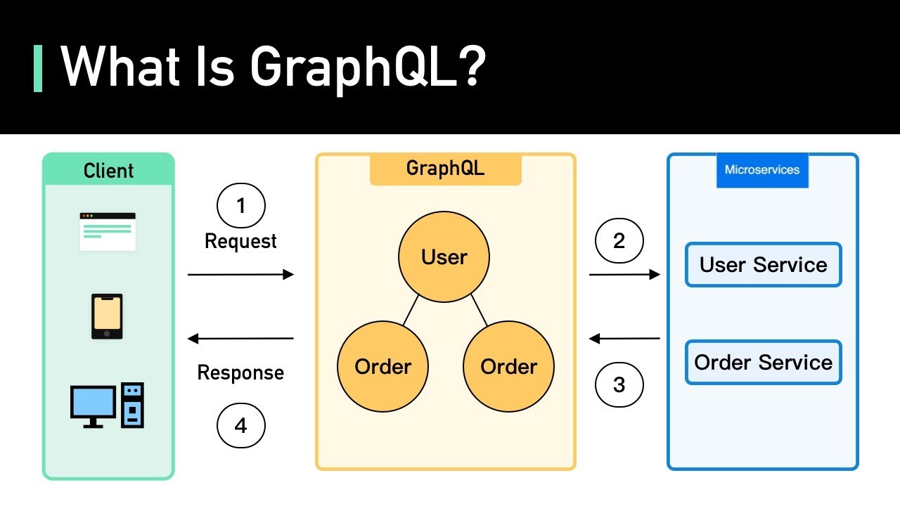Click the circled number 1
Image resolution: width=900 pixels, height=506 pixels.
click(241, 207)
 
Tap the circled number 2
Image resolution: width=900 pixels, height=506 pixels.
click(619, 241)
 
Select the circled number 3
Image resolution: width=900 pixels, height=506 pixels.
click(619, 384)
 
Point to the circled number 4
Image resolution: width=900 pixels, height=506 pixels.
click(241, 426)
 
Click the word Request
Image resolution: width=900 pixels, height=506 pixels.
click(240, 242)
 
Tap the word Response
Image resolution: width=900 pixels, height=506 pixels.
click(240, 372)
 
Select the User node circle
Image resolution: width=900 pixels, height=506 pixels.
click(444, 257)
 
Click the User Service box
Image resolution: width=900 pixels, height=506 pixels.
click(763, 265)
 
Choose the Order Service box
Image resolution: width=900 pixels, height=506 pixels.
click(763, 363)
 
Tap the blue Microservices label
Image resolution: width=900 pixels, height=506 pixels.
click(762, 170)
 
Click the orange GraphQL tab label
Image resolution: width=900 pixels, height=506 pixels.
click(445, 169)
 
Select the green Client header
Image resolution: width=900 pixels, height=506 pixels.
click(108, 170)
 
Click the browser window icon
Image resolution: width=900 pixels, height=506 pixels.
click(108, 231)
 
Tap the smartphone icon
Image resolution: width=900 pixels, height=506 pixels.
click(107, 316)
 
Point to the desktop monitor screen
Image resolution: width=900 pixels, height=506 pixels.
click(93, 402)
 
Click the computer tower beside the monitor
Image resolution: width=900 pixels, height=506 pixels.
click(132, 405)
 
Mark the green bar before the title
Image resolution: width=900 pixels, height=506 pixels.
click(38, 68)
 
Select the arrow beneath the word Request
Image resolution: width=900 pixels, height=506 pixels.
click(240, 275)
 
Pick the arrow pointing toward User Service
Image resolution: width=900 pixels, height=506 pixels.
click(624, 275)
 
